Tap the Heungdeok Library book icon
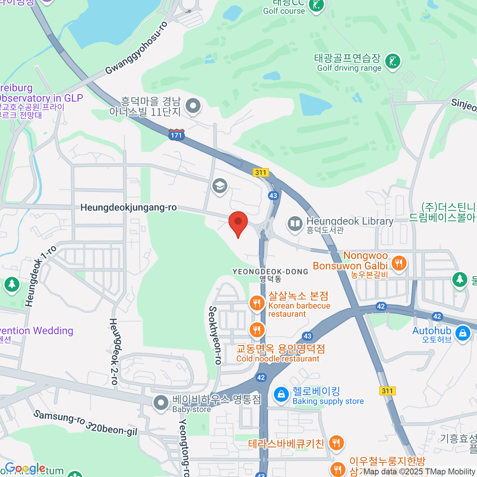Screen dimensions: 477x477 point(295,224)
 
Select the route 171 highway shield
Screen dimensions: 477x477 point(176,135)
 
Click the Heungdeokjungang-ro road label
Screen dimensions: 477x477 point(128,207)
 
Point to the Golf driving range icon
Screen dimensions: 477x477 point(393,62)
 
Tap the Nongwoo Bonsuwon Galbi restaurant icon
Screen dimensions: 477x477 point(399,263)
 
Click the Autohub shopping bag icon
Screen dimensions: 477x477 point(463,333)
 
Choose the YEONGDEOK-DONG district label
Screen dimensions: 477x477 point(270,272)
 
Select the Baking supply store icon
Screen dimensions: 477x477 point(281,395)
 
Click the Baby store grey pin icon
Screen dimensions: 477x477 point(161,403)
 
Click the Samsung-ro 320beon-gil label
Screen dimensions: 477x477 point(85,423)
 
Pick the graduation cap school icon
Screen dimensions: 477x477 point(219,186)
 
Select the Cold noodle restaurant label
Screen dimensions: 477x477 point(278,359)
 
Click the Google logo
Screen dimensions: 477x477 point(25,469)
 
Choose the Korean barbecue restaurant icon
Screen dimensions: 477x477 point(257,304)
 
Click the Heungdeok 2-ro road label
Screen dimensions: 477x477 point(114,351)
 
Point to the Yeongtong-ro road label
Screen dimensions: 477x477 point(184,447)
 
